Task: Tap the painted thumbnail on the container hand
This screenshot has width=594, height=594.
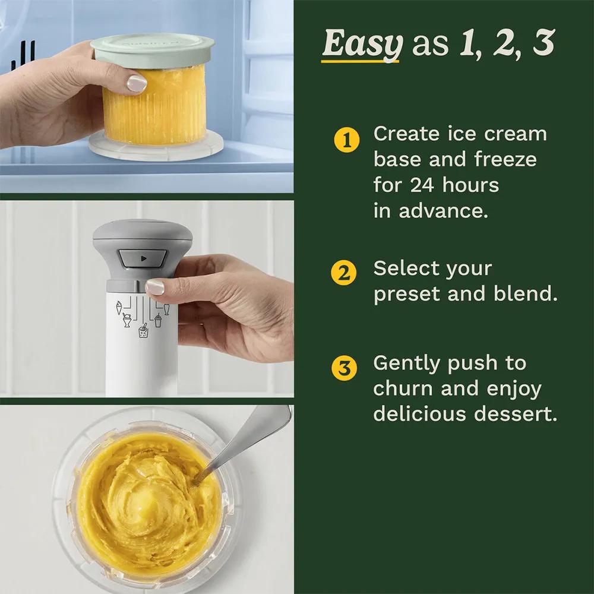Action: tap(137, 83)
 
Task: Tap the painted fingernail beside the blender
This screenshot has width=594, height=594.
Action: tap(154, 286)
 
